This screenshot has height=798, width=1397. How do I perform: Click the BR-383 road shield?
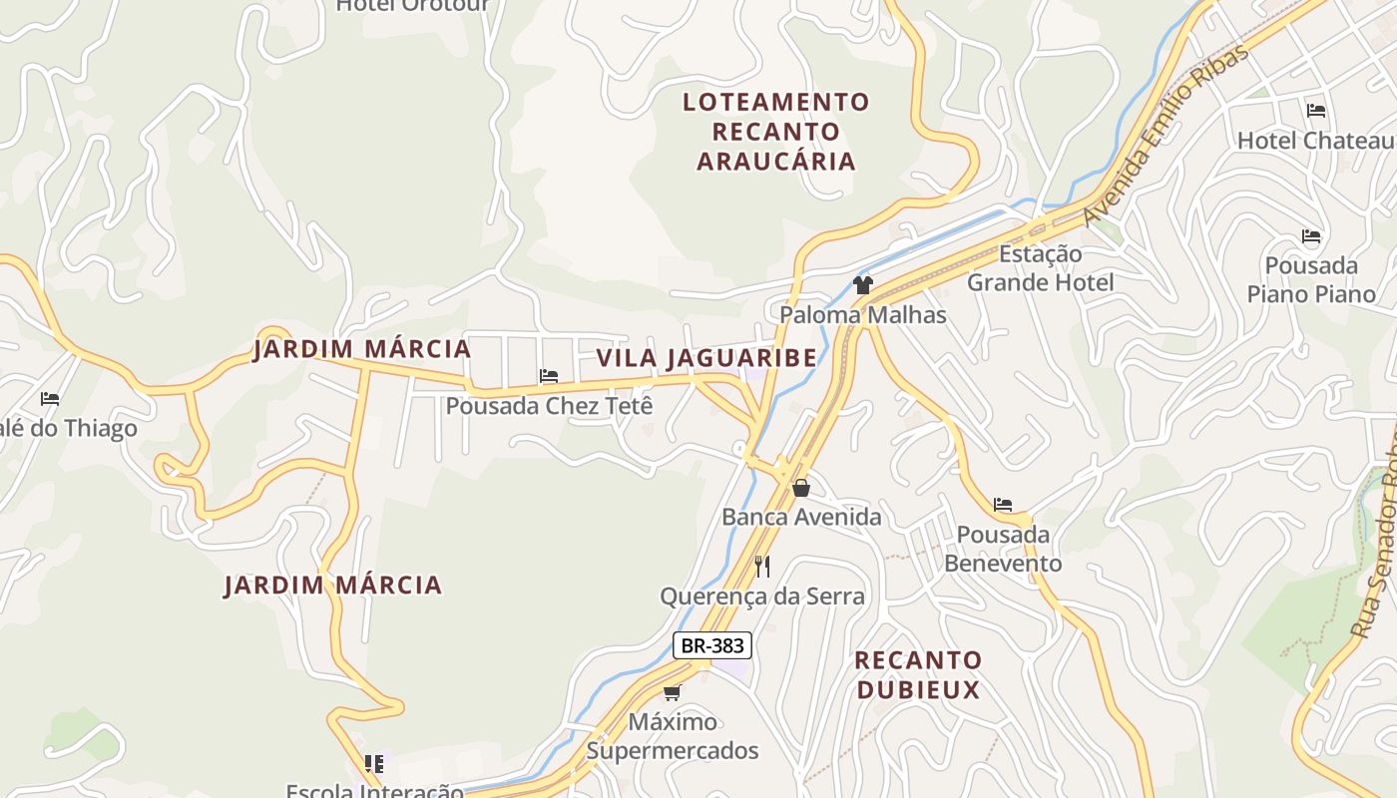[x=711, y=645]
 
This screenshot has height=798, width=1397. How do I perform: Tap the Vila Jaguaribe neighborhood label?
[x=706, y=357]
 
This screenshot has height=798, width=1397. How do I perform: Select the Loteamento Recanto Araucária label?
[x=776, y=132]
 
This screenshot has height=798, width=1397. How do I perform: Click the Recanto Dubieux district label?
[x=918, y=674]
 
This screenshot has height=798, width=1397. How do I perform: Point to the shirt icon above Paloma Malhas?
[x=863, y=285]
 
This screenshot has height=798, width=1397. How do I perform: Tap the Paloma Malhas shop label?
[x=863, y=315]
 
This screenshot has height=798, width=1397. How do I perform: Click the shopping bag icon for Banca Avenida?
[x=800, y=488]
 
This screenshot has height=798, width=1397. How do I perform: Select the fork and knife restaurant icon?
[x=762, y=567]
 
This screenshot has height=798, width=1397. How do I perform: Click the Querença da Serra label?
[x=762, y=597]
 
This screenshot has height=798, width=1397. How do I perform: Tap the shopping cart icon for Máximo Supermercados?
[x=673, y=692]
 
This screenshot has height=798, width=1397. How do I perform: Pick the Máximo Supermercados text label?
[x=673, y=736]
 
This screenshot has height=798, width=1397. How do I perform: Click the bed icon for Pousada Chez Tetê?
[x=549, y=376]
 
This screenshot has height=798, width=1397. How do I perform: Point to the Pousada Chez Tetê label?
[x=549, y=406]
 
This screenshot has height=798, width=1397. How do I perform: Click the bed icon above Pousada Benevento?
[x=1003, y=505]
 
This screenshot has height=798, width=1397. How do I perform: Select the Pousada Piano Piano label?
[x=1311, y=280]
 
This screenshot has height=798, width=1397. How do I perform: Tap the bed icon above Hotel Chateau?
[x=1316, y=111]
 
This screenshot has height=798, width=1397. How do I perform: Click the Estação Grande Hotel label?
[x=1041, y=268]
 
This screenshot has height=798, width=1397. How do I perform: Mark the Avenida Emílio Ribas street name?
[x=1165, y=135]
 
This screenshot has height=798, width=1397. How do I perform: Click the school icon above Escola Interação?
[x=374, y=764]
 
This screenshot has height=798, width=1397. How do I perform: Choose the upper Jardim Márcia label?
[x=361, y=349]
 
